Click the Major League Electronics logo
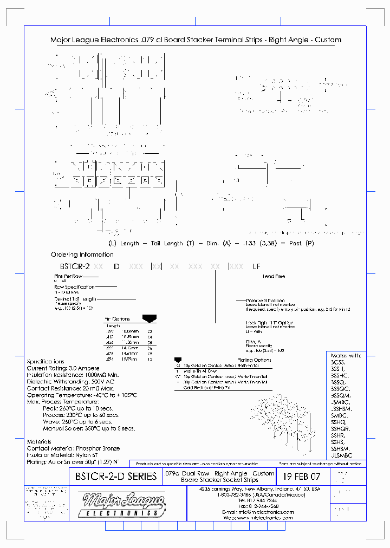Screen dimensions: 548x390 pos(123,505)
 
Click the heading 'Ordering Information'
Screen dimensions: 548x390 pos(82,255)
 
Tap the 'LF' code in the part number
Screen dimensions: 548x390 pos(257,266)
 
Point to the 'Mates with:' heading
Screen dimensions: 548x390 pos(346,356)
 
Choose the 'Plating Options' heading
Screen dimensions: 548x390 pos(254,360)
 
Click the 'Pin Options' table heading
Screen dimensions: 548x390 pos(117,319)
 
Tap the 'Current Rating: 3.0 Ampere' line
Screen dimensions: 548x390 pos(64,368)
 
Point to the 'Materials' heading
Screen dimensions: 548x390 pos(40,442)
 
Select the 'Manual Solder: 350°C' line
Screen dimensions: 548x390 pos(89,428)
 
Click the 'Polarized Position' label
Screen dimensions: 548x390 pos(265,301)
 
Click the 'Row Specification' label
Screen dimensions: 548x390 pos(75,287)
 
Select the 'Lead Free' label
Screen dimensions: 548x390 pos(274,276)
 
